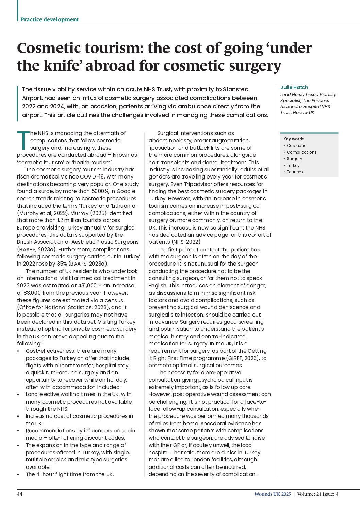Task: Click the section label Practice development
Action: point(49,19)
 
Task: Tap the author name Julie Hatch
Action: point(294,87)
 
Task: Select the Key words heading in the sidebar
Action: point(294,139)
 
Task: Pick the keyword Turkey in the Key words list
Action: point(293,165)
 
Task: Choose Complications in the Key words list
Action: point(301,152)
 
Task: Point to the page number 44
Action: point(20,494)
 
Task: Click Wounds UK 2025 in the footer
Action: point(272,494)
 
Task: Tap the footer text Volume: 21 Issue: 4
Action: point(317,494)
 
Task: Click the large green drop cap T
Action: point(23,140)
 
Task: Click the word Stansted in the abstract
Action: point(235,89)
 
